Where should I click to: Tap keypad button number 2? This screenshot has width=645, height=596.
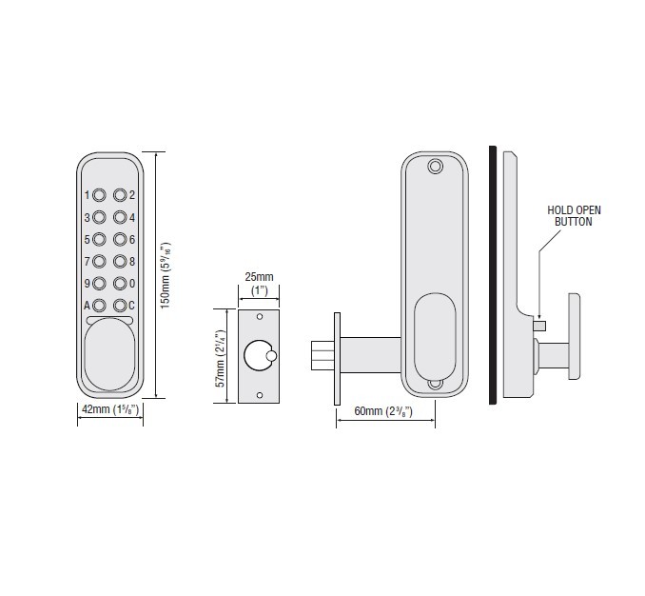tap(120, 195)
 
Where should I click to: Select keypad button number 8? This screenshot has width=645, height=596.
tap(120, 261)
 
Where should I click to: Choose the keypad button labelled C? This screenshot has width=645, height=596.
tap(120, 306)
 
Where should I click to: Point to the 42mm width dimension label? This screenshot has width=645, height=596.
tap(108, 409)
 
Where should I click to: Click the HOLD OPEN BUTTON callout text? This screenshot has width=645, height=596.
tap(574, 215)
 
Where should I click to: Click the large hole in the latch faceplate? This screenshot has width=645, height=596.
tap(256, 356)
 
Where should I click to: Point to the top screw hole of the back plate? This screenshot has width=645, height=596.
tap(436, 168)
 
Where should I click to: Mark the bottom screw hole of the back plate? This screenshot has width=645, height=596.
tap(435, 386)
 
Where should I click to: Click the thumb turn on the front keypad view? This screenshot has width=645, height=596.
tap(107, 356)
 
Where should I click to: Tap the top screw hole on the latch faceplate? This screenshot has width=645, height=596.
tap(260, 315)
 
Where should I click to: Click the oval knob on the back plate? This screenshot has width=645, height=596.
tap(435, 336)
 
